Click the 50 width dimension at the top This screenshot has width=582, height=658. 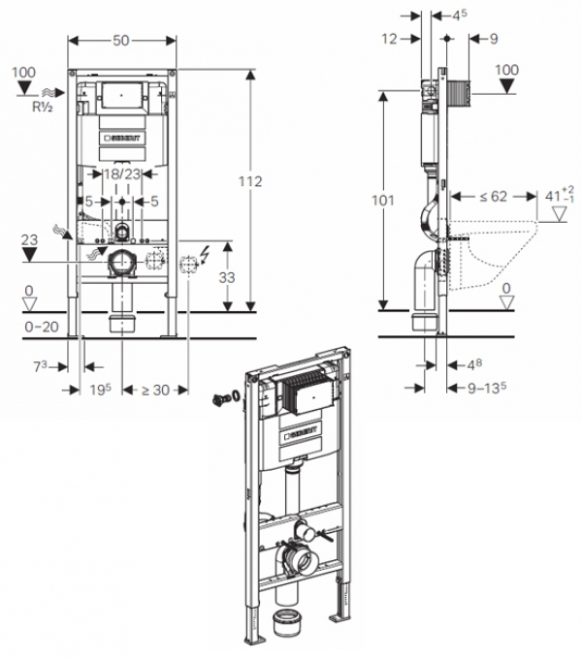(x=121, y=41)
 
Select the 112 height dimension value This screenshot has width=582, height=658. (x=250, y=181)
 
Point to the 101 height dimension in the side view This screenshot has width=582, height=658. (x=383, y=201)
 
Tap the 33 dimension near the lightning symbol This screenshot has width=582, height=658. (x=227, y=277)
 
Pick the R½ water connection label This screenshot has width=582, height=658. (x=43, y=107)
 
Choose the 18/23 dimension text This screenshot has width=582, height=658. (x=122, y=173)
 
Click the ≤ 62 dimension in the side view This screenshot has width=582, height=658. (x=494, y=196)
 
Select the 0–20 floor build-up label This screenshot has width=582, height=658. (x=42, y=327)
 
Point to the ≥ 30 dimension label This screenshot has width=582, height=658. (x=155, y=390)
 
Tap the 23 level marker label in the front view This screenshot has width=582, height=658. (x=29, y=240)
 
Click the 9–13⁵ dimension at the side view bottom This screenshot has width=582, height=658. (x=487, y=388)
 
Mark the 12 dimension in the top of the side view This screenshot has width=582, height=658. (x=389, y=39)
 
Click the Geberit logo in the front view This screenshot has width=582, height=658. (x=122, y=138)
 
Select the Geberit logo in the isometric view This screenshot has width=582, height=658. (x=302, y=432)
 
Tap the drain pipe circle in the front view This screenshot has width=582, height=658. (x=122, y=262)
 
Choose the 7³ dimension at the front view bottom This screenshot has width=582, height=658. (x=41, y=366)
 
